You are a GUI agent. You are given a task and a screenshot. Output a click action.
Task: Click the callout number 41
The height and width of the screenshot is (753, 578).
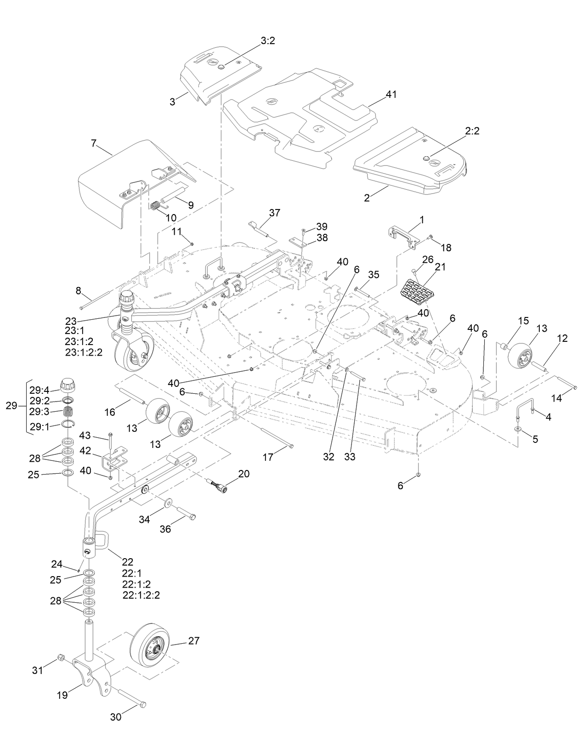(x=391, y=94)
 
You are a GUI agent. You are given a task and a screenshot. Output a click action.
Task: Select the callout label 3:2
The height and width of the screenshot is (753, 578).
(x=268, y=41)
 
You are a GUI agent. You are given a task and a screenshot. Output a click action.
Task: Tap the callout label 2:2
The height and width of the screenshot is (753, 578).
(x=472, y=131)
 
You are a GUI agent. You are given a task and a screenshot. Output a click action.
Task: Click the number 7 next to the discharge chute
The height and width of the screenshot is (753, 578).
(x=94, y=143)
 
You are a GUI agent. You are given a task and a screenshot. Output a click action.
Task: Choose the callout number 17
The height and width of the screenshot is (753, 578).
(x=268, y=457)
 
